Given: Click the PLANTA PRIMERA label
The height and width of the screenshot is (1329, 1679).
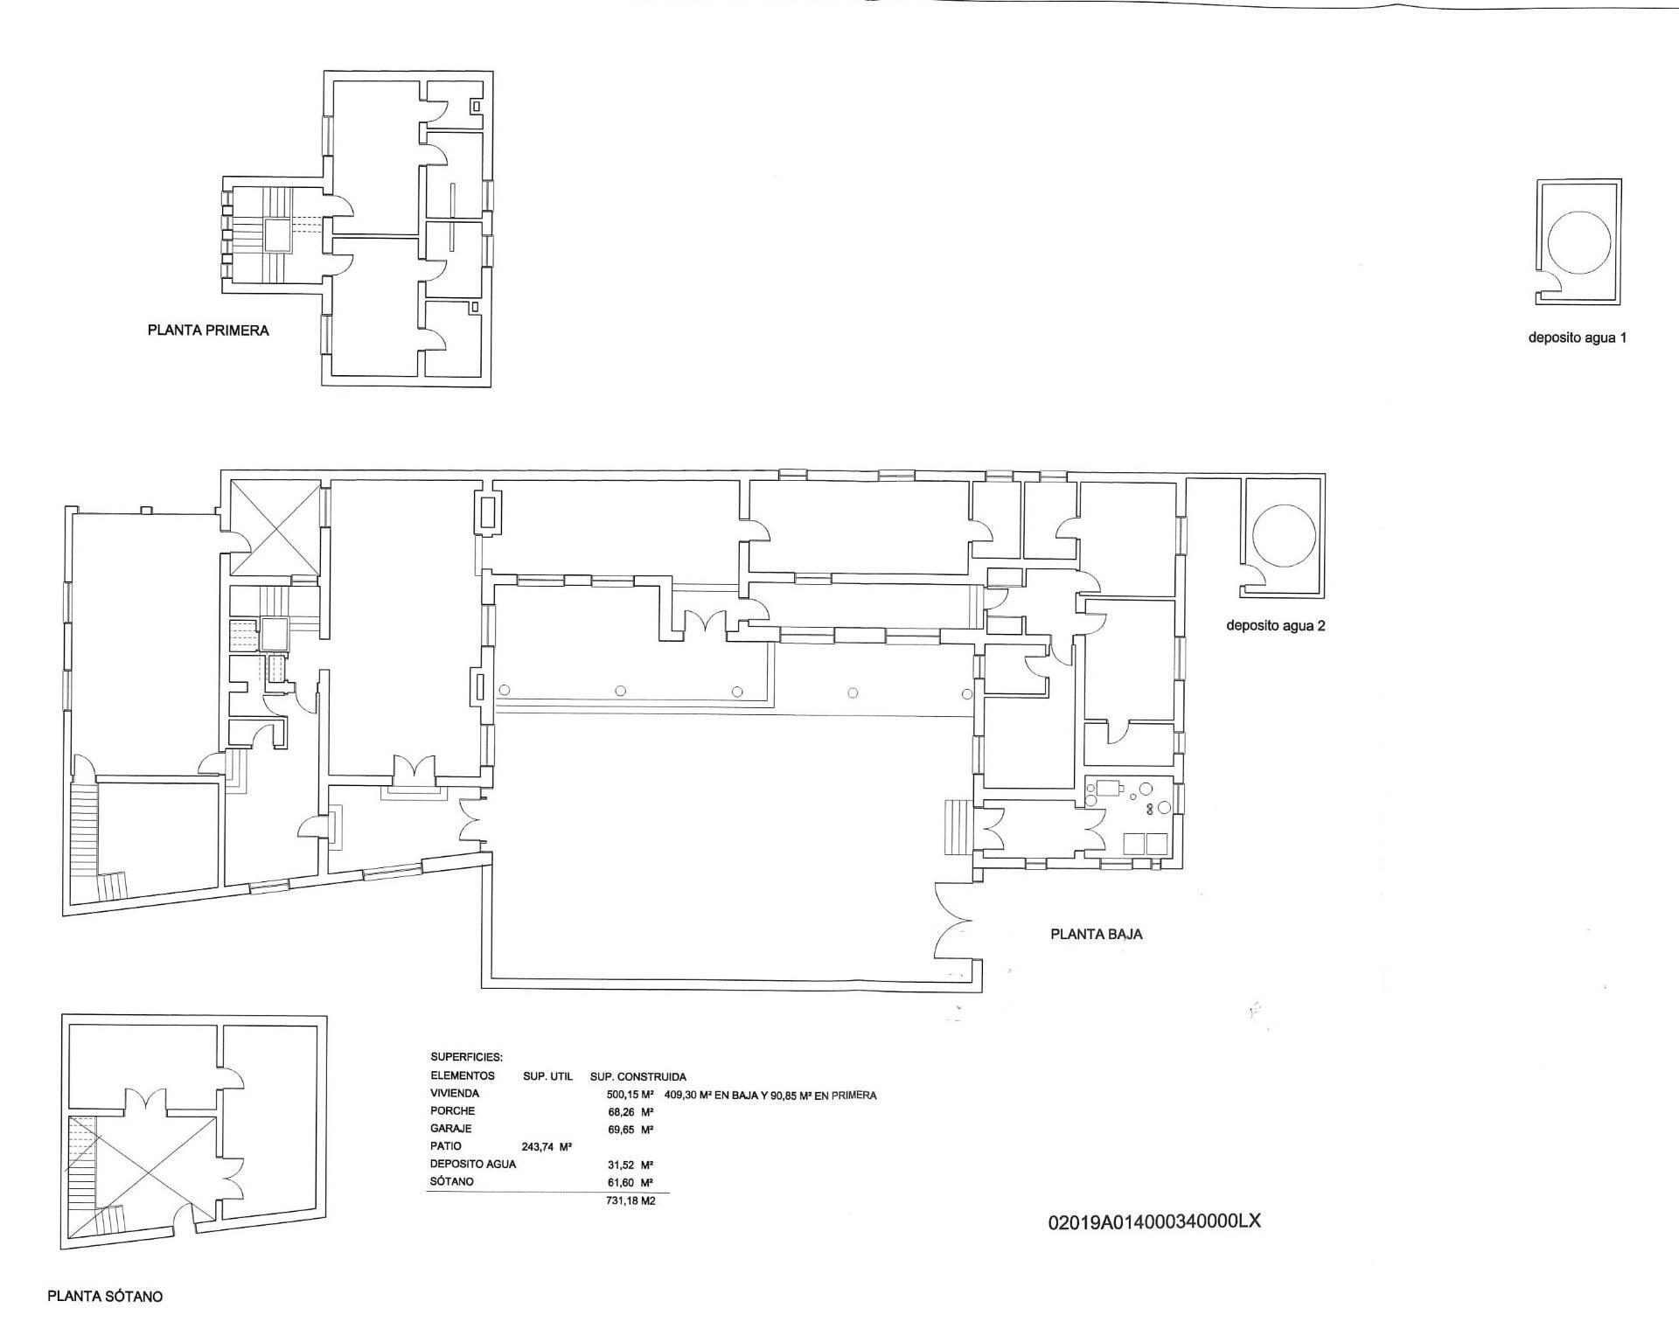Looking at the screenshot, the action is tap(208, 331).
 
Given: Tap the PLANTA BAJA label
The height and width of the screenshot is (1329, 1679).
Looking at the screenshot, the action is tap(1096, 934).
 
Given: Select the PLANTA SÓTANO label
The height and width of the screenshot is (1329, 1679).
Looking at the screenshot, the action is tap(105, 1296).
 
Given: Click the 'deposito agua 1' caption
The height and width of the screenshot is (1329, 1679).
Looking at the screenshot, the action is tap(1577, 337).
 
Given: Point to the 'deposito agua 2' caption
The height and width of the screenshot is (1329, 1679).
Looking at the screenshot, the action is tap(1275, 626).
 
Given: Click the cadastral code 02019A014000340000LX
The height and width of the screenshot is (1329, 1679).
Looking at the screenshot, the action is tap(1153, 1221).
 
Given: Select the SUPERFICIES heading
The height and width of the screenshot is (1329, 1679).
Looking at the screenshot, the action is tap(466, 1057).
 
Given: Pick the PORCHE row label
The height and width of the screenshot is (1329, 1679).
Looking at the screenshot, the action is tap(452, 1110).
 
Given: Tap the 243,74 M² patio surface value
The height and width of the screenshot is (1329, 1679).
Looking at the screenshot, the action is tap(547, 1146).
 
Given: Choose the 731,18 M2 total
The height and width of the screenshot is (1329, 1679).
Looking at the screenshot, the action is tap(630, 1200).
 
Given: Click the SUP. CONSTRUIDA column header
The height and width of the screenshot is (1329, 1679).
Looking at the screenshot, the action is tap(638, 1076).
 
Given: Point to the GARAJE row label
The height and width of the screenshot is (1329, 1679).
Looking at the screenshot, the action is tap(450, 1128).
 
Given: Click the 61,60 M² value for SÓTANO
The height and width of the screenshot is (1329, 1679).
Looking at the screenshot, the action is tap(631, 1182).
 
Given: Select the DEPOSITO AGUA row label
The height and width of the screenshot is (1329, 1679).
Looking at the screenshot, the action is tap(473, 1164).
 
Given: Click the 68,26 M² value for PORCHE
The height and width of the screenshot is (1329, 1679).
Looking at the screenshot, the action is tap(631, 1111).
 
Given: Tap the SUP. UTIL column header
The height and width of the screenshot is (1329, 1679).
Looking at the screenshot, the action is tap(547, 1076).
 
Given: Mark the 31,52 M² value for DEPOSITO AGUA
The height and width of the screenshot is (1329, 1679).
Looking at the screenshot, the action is tap(631, 1165).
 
